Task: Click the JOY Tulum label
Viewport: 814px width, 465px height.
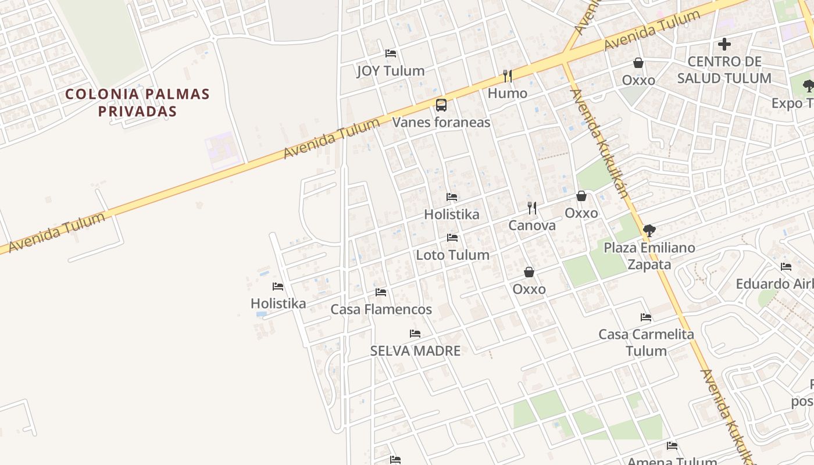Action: point(391,71)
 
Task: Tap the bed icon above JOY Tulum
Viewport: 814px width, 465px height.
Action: point(391,53)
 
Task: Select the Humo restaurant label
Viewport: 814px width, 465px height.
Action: point(508,93)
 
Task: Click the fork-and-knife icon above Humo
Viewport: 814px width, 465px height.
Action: point(508,76)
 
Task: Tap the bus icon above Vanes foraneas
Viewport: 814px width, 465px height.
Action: point(441,105)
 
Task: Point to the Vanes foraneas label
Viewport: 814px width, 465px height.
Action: point(441,122)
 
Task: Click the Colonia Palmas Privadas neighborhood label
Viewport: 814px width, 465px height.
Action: point(137,102)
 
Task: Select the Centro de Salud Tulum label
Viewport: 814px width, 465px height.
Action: point(724,70)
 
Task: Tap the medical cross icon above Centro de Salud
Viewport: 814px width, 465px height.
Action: point(724,44)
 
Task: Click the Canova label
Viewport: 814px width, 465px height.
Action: point(532,225)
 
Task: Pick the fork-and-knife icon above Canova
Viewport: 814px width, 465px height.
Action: point(532,208)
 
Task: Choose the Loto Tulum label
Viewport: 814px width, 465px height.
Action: point(452,255)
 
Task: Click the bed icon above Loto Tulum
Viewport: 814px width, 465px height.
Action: point(452,238)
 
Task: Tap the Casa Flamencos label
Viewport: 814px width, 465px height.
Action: point(381,309)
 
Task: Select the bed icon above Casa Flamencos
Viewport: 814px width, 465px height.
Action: point(381,292)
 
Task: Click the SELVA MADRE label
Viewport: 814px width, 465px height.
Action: point(415,350)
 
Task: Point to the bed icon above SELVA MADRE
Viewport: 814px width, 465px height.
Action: point(415,334)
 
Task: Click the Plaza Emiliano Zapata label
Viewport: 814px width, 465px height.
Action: point(649,256)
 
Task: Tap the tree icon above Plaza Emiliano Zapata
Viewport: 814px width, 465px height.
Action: point(649,231)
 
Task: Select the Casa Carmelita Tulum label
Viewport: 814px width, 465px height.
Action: point(646,342)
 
